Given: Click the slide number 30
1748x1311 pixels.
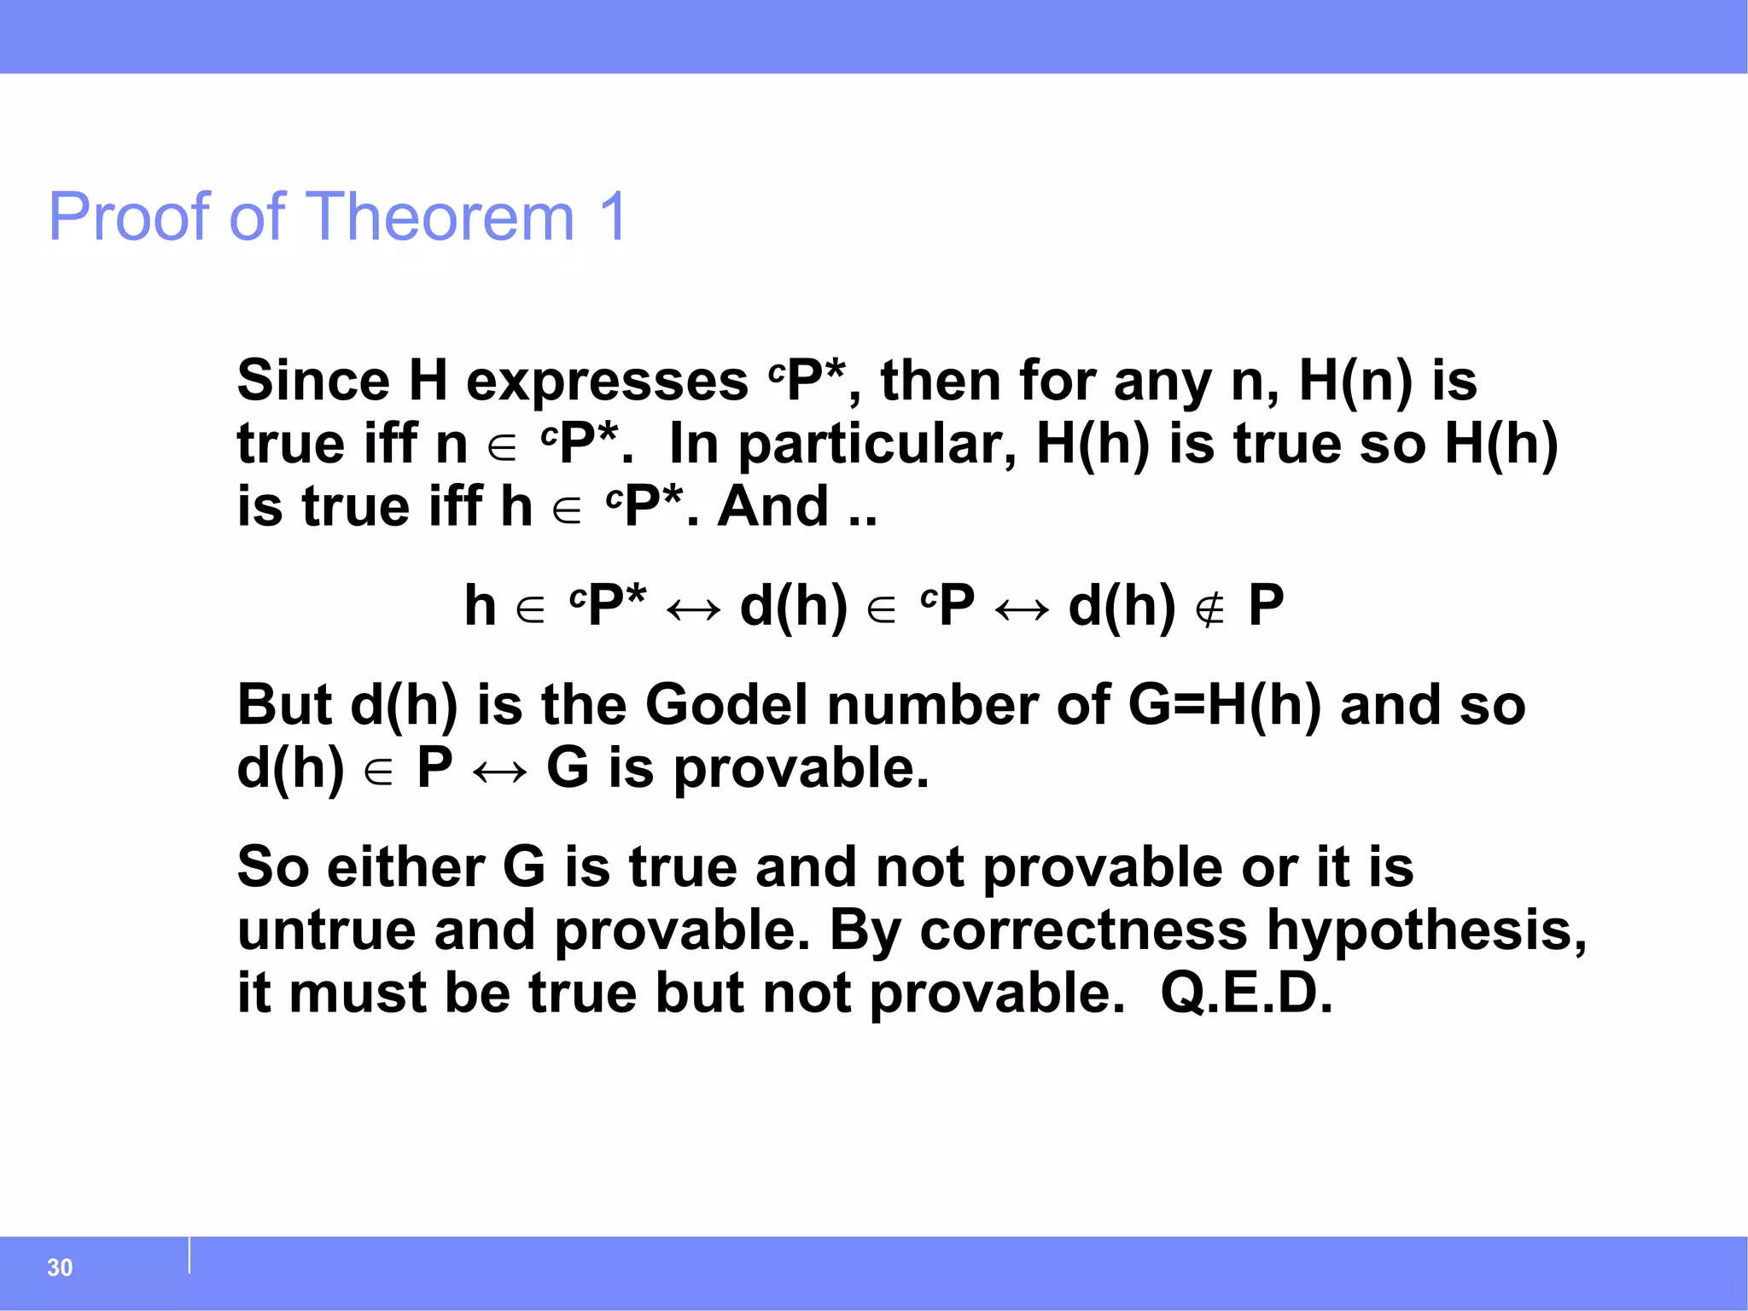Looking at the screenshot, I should (60, 1267).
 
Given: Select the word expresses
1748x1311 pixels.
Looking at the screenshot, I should (607, 382).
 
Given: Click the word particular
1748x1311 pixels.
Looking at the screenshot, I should (877, 446).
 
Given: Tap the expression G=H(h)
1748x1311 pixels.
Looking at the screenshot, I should (1224, 707).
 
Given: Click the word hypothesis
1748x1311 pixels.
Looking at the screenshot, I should (1426, 931).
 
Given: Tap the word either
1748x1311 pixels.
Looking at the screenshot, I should (405, 867).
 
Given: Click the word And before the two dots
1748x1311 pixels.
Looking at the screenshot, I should (772, 507).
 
